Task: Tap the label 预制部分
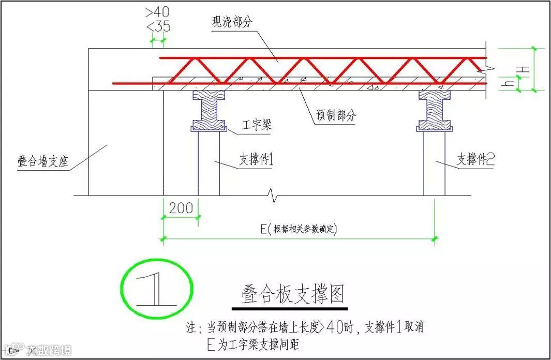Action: tap(336, 115)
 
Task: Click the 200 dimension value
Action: tap(181, 208)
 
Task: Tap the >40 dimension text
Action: tap(158, 11)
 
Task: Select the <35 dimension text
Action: tap(158, 26)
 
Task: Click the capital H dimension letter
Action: tap(524, 69)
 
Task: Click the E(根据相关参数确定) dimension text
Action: tap(301, 230)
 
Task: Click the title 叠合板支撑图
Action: tap(292, 294)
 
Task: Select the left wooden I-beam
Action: tap(209, 110)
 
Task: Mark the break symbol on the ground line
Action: tap(272, 196)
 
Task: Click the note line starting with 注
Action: tap(305, 328)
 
